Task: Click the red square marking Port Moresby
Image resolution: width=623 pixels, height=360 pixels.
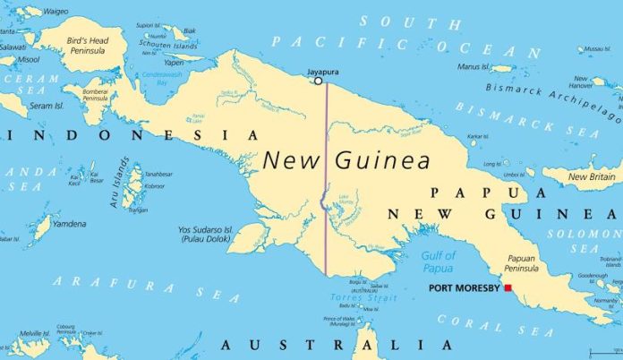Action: coord(508,287)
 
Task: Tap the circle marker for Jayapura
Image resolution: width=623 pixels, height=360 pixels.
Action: coord(318,81)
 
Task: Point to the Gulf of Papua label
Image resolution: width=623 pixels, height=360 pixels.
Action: coord(440,261)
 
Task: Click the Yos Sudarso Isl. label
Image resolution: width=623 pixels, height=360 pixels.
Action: coord(204,233)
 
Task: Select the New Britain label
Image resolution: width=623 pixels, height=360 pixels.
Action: coord(590,176)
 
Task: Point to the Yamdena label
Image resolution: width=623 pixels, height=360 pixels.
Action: coord(69,224)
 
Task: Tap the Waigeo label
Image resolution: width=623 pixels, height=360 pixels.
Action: coord(55,12)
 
